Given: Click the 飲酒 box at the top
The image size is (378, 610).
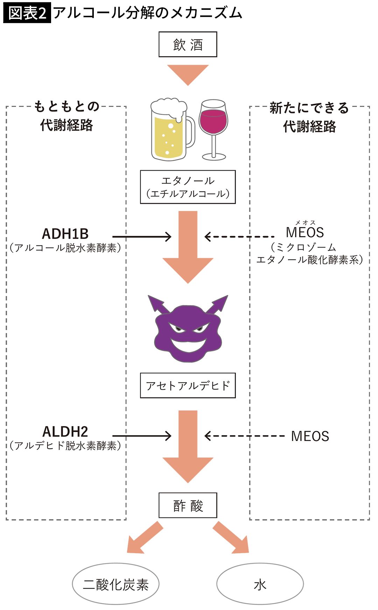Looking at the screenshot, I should [188, 45].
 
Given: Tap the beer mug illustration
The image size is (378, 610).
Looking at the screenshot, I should [171, 130].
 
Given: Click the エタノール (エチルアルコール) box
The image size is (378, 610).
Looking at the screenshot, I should [188, 187].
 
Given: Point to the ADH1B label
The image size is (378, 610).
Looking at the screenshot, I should [65, 234].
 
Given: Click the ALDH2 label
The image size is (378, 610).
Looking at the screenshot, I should [65, 432].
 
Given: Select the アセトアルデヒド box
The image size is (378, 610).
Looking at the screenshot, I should [188, 385].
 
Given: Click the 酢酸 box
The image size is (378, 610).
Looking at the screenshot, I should [188, 505].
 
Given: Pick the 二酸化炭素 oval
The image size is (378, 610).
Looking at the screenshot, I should [115, 584].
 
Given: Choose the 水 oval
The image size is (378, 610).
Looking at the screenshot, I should [260, 584].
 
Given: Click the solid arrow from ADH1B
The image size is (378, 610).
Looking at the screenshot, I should [142, 237].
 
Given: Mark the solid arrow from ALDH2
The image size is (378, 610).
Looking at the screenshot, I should [142, 436].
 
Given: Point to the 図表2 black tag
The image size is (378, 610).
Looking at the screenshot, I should [27, 13].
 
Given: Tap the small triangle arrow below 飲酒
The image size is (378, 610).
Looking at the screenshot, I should [188, 74].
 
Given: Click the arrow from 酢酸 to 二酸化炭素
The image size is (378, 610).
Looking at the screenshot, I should [143, 538].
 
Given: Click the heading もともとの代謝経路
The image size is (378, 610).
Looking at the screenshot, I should [66, 116].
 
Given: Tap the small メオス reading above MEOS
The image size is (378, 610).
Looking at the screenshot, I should [305, 223].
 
